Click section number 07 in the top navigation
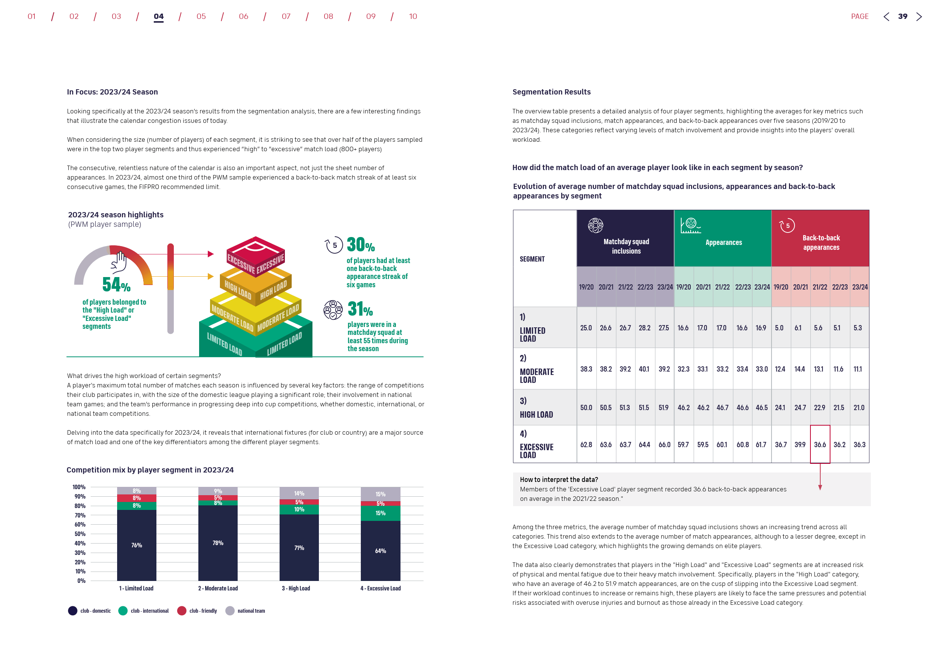click(x=286, y=16)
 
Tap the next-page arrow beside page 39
click(x=918, y=17)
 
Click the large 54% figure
click(x=116, y=285)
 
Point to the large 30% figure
click(x=360, y=245)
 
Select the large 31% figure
click(x=360, y=309)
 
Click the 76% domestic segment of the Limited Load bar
click(x=137, y=545)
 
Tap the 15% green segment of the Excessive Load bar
click(x=380, y=513)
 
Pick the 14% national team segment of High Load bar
click(x=299, y=493)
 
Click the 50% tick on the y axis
click(x=80, y=534)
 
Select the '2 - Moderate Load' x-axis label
click(x=218, y=588)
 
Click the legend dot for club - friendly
click(x=182, y=611)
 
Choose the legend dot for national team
click(x=230, y=611)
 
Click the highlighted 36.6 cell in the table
click(x=819, y=445)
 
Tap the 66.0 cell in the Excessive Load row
click(x=664, y=445)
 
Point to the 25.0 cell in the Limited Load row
click(x=586, y=328)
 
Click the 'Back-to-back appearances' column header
click(x=821, y=243)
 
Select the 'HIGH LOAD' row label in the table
click(x=536, y=415)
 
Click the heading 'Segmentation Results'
click(x=551, y=92)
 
